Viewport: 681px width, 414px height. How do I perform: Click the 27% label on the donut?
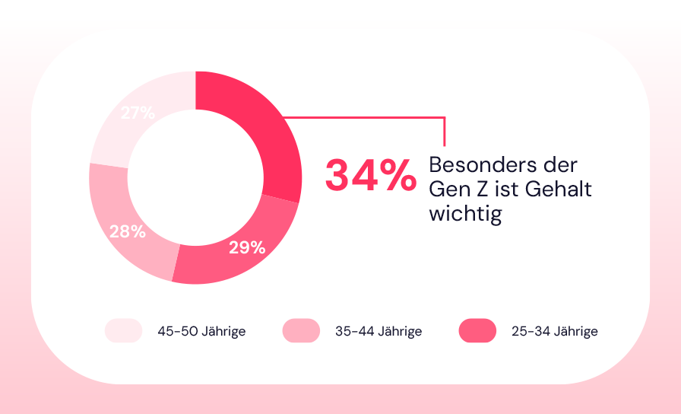pyautogui.click(x=138, y=113)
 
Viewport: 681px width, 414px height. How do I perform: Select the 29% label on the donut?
pyautogui.click(x=247, y=247)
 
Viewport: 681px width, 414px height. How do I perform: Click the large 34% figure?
pyautogui.click(x=370, y=176)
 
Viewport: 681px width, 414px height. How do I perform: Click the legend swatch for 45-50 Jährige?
pyautogui.click(x=124, y=331)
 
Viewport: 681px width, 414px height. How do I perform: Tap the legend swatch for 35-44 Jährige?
pyautogui.click(x=301, y=331)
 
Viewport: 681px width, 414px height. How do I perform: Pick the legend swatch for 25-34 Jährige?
pyautogui.click(x=477, y=331)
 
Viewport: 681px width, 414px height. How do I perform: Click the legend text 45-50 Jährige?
pyautogui.click(x=201, y=332)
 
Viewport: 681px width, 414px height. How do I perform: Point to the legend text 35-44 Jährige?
pyautogui.click(x=379, y=332)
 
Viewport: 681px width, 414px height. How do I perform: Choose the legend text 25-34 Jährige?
pyautogui.click(x=555, y=332)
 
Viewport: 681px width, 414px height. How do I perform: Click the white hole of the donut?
pyautogui.click(x=195, y=177)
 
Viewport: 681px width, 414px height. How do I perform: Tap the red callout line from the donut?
pyautogui.click(x=365, y=117)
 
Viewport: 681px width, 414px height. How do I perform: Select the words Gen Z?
pyautogui.click(x=456, y=189)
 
